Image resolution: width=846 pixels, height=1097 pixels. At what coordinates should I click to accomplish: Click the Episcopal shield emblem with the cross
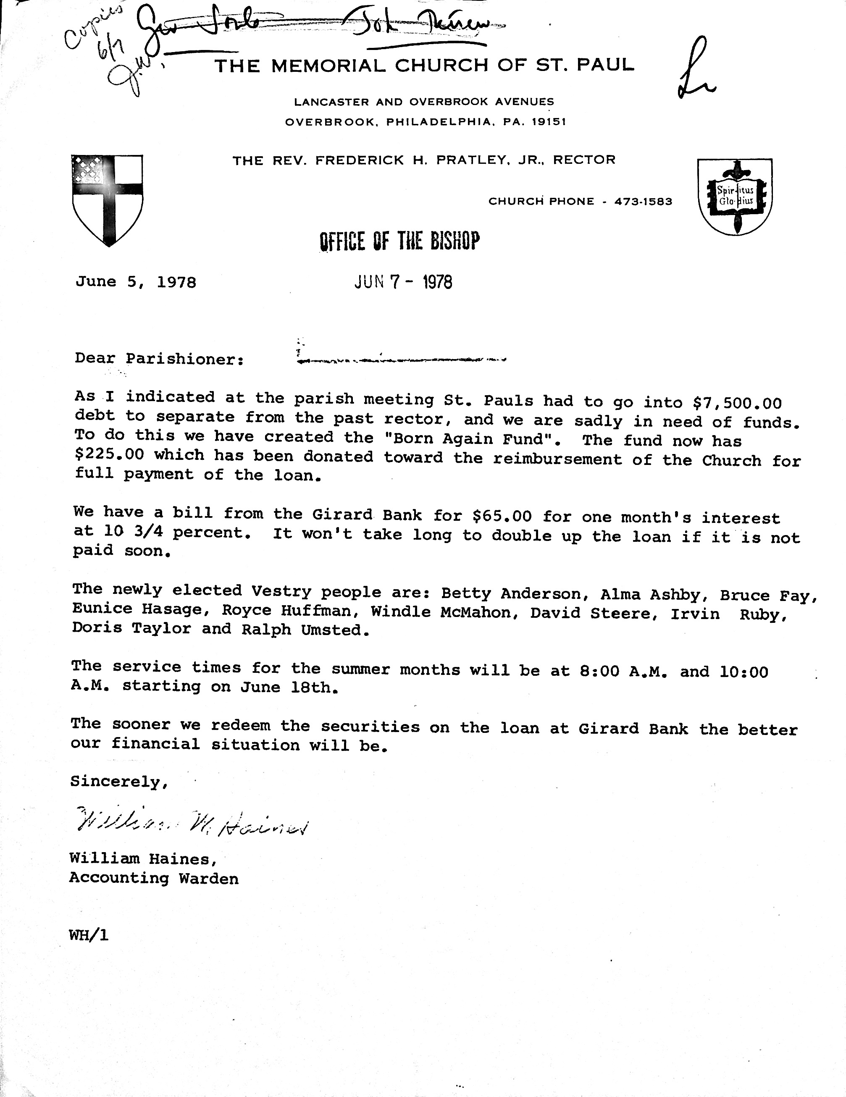pos(108,199)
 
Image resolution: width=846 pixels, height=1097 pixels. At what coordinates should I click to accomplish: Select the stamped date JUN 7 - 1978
pos(403,282)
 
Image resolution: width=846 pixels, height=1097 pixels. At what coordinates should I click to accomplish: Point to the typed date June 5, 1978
pos(136,282)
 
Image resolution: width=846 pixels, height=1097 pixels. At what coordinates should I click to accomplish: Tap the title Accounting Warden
pos(154,879)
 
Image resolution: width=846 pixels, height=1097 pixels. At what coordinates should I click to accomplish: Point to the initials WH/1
pos(89,935)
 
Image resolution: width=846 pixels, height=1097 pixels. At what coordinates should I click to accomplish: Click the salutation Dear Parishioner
pos(159,359)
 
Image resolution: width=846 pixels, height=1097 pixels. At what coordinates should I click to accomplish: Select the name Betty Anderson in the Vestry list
pos(510,594)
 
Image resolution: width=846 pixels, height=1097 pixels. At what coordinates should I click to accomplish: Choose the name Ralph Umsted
pos(302,630)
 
